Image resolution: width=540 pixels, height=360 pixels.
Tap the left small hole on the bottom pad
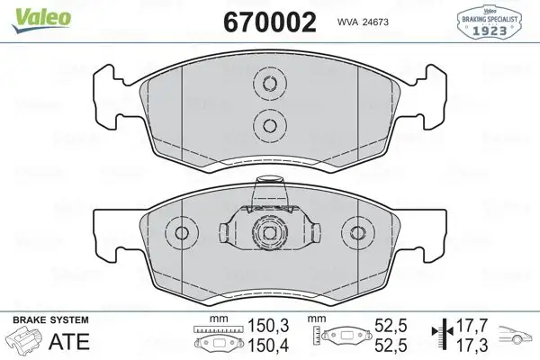point(182,233)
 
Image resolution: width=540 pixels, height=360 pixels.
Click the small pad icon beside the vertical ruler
point(346,336)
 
